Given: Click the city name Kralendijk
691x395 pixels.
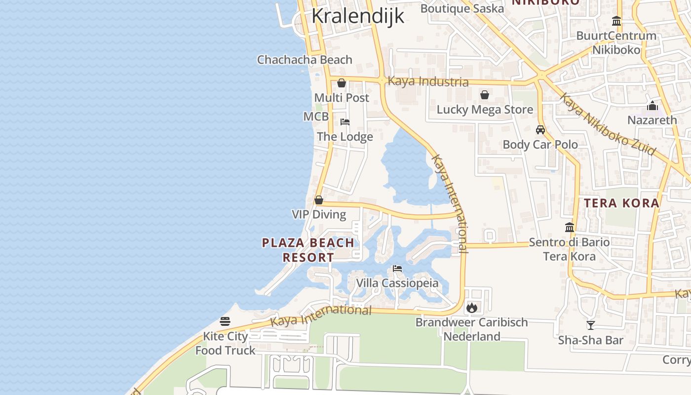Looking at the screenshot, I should pyautogui.click(x=358, y=16).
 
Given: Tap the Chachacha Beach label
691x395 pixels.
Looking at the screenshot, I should pyautogui.click(x=305, y=60).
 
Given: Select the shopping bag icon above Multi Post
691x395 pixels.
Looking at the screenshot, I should pyautogui.click(x=341, y=83).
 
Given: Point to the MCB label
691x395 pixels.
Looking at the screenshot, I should pyautogui.click(x=316, y=117).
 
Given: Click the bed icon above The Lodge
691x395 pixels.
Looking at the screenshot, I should pyautogui.click(x=345, y=121).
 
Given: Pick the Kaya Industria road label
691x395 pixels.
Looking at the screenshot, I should pyautogui.click(x=428, y=81).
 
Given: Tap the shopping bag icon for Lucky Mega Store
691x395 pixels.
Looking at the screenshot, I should pyautogui.click(x=485, y=95).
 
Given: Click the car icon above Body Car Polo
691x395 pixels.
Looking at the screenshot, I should pyautogui.click(x=540, y=130).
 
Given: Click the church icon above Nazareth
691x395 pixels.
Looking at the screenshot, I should pyautogui.click(x=653, y=106).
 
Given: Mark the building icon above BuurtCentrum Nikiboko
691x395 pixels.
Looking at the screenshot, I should pyautogui.click(x=616, y=21).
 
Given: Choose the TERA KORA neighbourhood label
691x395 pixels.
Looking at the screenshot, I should pyautogui.click(x=621, y=203).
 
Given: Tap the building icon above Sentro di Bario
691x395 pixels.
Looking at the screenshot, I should pyautogui.click(x=570, y=228).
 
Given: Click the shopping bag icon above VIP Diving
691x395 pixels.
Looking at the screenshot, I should pyautogui.click(x=319, y=200).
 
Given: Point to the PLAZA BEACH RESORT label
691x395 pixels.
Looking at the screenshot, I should pyautogui.click(x=308, y=250).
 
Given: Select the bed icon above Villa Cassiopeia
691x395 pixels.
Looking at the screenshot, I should pyautogui.click(x=397, y=269).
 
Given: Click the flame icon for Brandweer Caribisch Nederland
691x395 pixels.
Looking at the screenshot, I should pyautogui.click(x=472, y=308).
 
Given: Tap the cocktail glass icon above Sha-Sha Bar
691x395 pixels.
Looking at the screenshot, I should pyautogui.click(x=590, y=325).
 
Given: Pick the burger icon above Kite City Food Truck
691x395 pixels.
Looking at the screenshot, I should pyautogui.click(x=225, y=321).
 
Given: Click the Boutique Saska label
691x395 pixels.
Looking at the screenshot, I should pyautogui.click(x=462, y=8).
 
